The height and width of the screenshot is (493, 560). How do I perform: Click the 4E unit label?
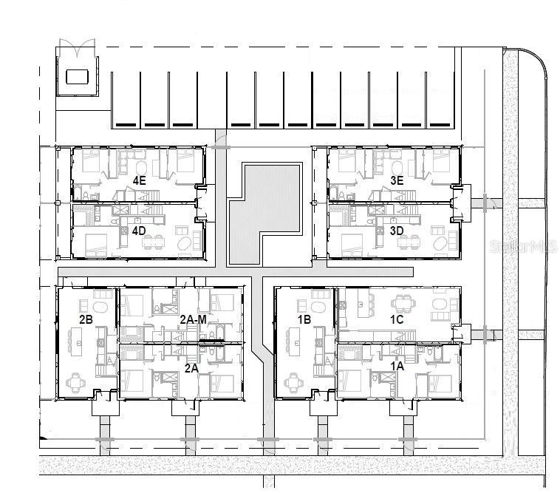(139, 180)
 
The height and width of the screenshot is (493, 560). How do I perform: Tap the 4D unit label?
(139, 230)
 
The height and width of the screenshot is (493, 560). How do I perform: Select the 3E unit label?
(396, 180)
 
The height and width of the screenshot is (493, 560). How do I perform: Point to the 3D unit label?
(396, 231)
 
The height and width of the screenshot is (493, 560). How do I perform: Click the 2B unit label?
(86, 319)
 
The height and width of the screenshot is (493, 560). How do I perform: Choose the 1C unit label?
(397, 319)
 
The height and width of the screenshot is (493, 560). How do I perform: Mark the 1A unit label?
(397, 365)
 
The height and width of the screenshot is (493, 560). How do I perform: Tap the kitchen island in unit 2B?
(75, 340)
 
